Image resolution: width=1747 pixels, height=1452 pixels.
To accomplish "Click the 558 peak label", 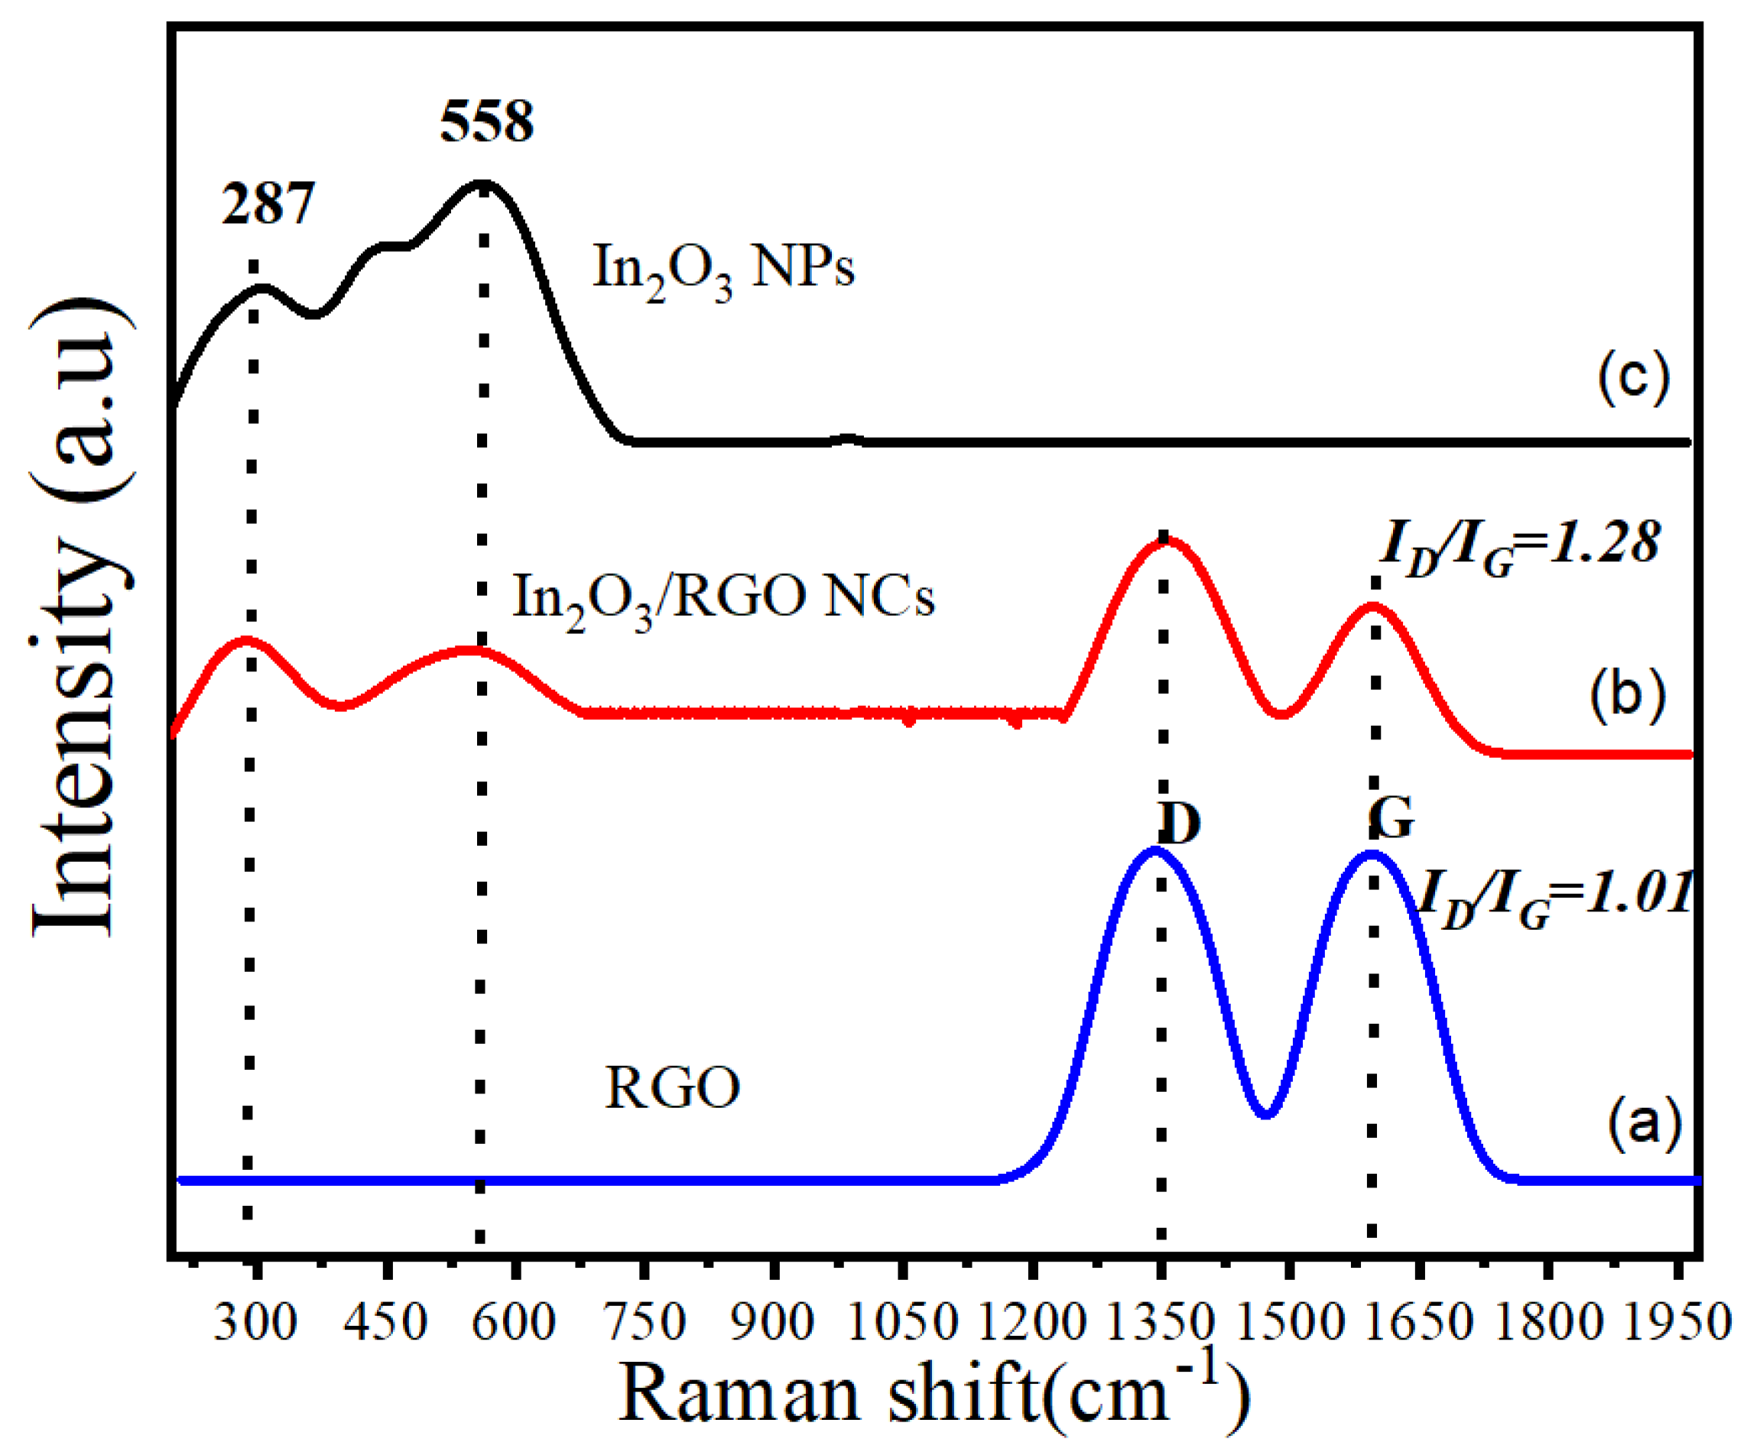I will pos(487,122).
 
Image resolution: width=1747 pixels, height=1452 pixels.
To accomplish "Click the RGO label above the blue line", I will pos(672,1087).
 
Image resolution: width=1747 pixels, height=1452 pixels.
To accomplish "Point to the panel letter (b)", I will pos(1627,694).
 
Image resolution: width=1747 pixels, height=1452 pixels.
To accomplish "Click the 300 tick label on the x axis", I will pos(255,1320).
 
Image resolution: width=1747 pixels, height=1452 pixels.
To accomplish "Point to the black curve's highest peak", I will pos(482,182).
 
